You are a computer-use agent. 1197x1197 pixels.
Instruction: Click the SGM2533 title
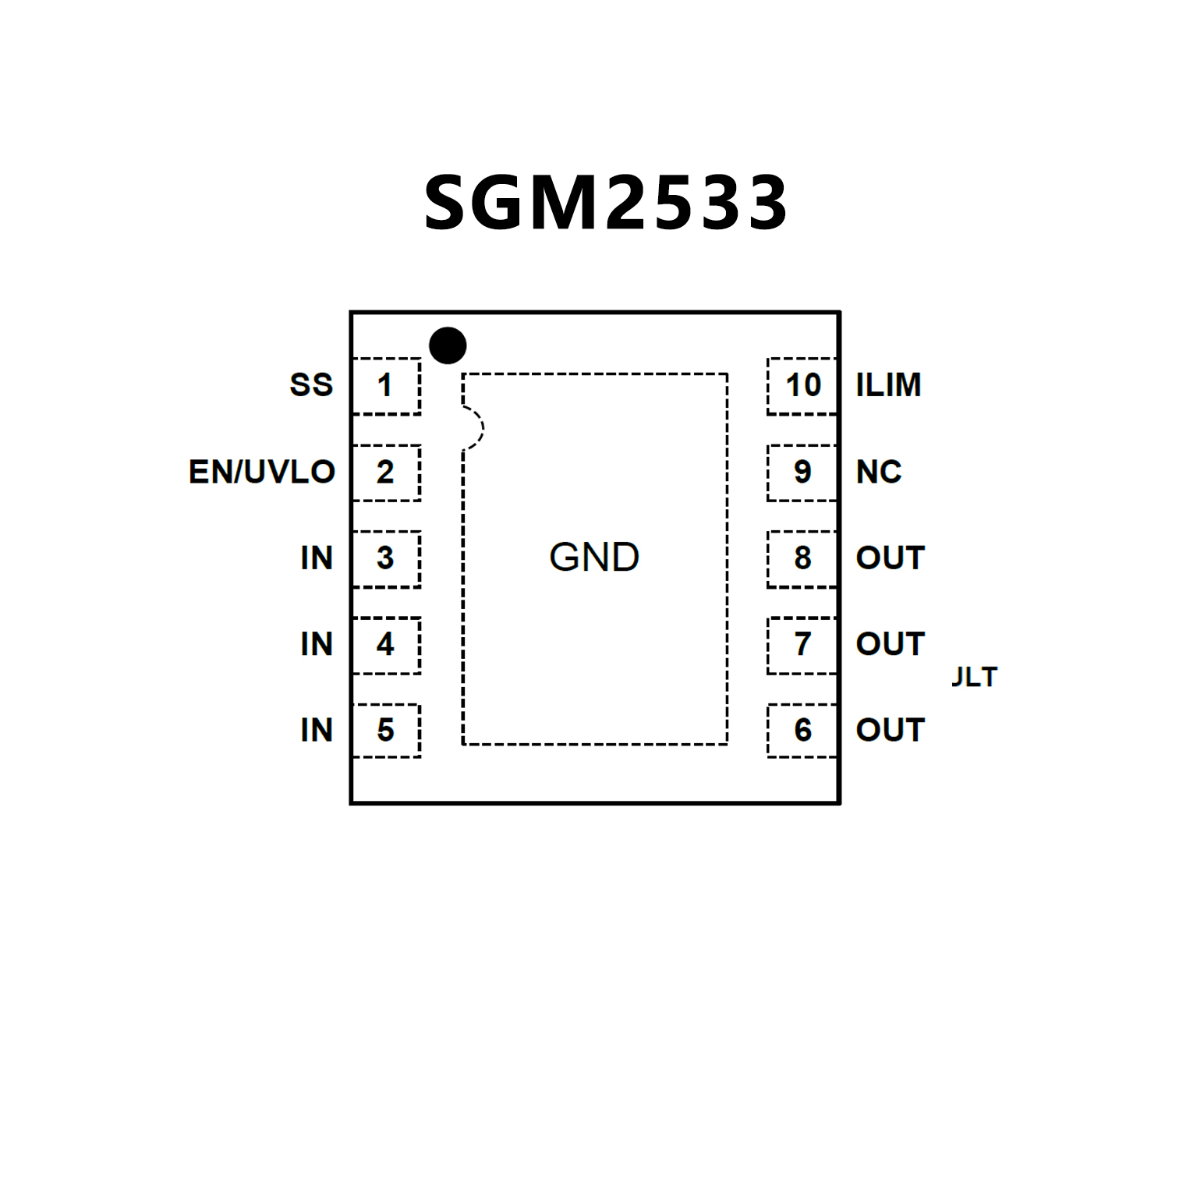605,203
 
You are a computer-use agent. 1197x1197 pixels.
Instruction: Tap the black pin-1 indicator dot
448,345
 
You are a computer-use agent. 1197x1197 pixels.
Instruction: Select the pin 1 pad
386,386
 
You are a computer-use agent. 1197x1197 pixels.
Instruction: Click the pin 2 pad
386,473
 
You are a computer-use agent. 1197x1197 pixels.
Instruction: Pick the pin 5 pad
386,731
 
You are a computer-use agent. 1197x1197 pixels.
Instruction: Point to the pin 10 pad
802,386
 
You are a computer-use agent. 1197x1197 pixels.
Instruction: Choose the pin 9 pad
802,473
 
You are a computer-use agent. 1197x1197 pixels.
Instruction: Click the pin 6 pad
802,731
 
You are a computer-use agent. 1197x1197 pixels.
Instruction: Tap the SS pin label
311,385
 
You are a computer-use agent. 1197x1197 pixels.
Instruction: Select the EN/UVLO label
262,472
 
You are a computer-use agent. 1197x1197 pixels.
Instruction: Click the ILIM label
888,385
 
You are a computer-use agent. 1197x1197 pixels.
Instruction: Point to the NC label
879,472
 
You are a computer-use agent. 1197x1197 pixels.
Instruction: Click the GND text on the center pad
594,558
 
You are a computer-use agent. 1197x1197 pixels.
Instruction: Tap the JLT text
975,677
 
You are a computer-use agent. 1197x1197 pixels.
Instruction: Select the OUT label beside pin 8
890,558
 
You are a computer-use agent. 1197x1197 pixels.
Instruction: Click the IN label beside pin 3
317,558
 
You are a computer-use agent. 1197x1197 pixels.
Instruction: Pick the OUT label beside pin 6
890,731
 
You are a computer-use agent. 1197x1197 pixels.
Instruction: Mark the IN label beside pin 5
317,731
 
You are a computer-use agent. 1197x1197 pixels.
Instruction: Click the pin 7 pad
802,645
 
